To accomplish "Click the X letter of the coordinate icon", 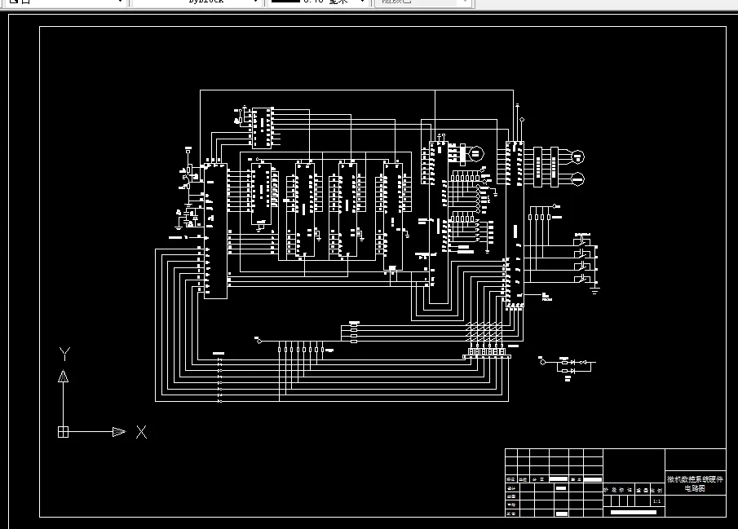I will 141,432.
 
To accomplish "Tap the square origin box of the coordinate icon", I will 63,432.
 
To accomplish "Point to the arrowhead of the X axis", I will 119,432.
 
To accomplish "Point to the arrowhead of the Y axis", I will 63,376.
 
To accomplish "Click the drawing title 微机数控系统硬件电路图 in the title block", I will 695,483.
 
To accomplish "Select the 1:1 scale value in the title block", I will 657,501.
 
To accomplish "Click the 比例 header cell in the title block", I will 657,491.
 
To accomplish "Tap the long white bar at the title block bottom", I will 633,512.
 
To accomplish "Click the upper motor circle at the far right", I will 578,156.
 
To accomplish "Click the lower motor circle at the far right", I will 578,179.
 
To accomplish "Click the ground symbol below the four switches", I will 595,288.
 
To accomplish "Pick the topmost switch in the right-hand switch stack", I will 583,240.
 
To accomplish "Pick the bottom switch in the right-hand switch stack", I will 583,279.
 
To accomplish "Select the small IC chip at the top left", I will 262,127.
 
